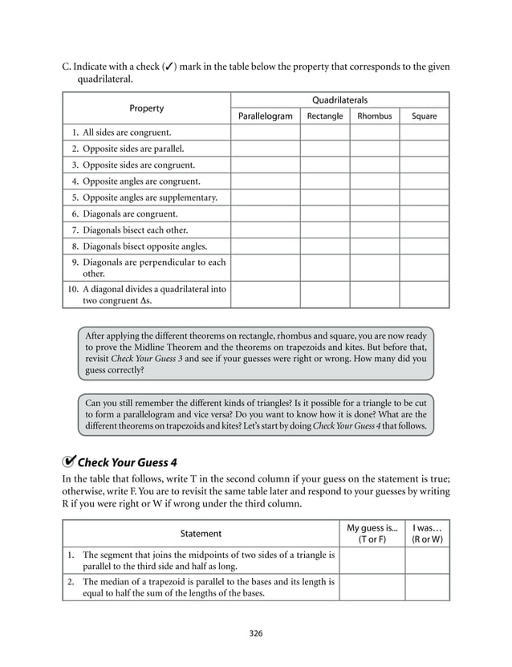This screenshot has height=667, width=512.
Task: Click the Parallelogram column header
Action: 266,116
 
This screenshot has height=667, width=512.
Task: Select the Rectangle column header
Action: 325,116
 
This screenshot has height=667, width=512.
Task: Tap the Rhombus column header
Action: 375,116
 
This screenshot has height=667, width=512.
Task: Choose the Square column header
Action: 424,116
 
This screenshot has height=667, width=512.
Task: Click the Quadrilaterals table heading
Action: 339,100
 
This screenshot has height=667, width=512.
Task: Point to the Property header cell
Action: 147,108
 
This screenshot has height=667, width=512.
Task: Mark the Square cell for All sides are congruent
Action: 424,132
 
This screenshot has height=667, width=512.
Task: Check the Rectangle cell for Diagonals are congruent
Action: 325,214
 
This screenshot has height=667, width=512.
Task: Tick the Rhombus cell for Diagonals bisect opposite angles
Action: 375,246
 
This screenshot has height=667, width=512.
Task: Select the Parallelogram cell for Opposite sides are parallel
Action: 266,148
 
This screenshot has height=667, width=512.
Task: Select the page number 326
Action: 256,633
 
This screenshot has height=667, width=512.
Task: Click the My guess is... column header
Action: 372,533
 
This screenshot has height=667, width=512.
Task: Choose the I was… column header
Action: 426,533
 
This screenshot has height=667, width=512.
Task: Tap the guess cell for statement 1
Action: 372,560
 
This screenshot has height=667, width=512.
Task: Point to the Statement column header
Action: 201,533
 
